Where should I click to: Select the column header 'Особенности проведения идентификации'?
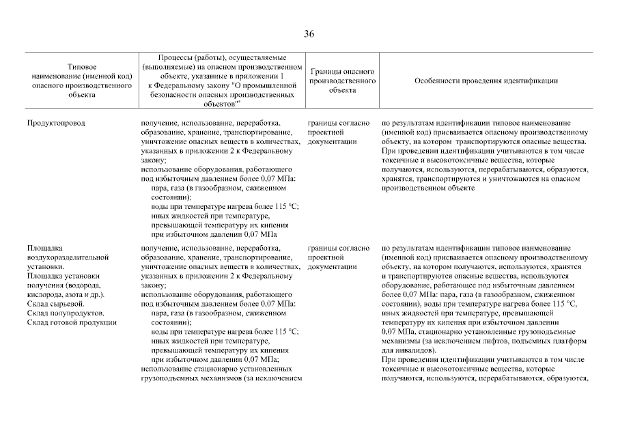pyautogui.click(x=486, y=81)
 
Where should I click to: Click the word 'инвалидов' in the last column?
pyautogui.click(x=409, y=350)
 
